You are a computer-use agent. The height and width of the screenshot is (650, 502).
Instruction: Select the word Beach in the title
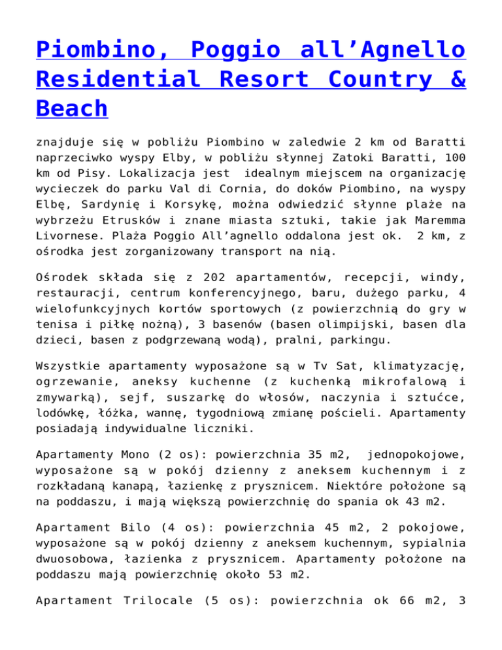72,109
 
